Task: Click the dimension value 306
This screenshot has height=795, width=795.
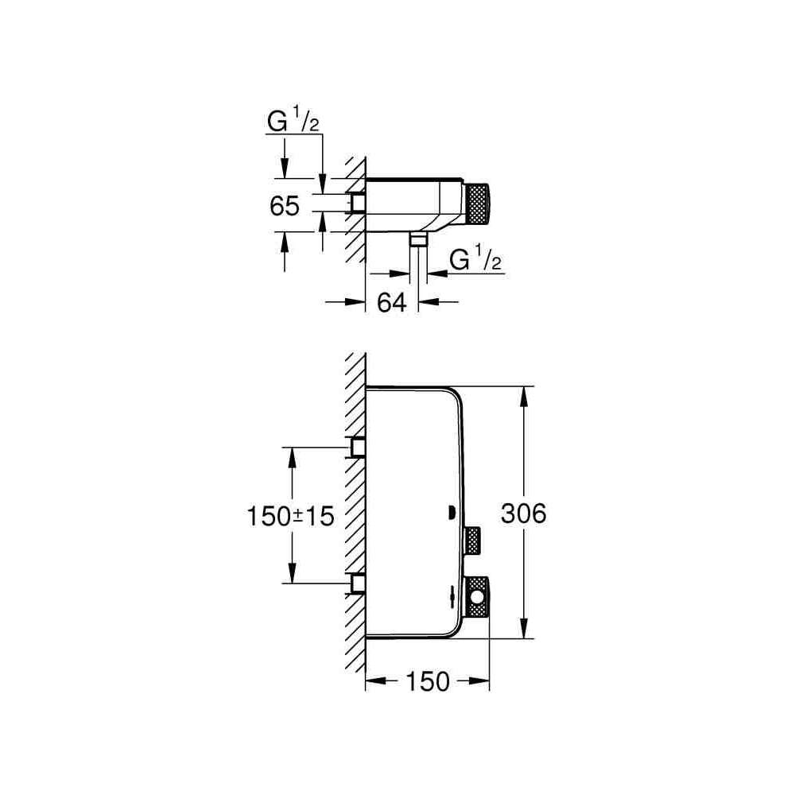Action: (x=524, y=514)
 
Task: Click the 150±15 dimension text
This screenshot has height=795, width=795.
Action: (x=290, y=517)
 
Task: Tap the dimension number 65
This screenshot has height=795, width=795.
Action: (x=285, y=207)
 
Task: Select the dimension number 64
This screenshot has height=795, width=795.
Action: (x=392, y=303)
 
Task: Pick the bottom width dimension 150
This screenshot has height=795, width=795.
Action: (x=428, y=681)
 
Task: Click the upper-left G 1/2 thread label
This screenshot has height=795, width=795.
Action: (x=293, y=122)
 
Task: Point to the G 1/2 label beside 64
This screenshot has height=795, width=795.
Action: (x=475, y=260)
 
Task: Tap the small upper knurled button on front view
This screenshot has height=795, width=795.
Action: (x=472, y=541)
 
